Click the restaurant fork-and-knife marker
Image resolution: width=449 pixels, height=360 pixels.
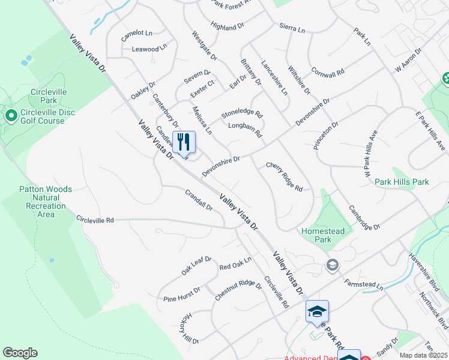tap(184, 142)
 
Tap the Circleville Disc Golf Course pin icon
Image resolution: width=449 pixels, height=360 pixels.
tap(10, 115)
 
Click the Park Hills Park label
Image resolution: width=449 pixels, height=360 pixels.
tap(402, 182)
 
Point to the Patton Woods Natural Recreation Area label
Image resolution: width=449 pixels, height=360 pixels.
tap(46, 202)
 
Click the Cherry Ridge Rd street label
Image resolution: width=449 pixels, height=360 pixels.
tap(284, 176)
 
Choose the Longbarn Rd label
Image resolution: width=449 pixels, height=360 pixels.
tap(246, 130)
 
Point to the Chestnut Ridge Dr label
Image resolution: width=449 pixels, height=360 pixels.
tap(238, 291)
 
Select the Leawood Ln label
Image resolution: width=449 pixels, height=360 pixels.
tap(145, 49)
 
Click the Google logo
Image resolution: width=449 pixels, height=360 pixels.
tap(20, 353)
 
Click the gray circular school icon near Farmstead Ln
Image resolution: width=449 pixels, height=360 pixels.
tap(332, 265)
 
